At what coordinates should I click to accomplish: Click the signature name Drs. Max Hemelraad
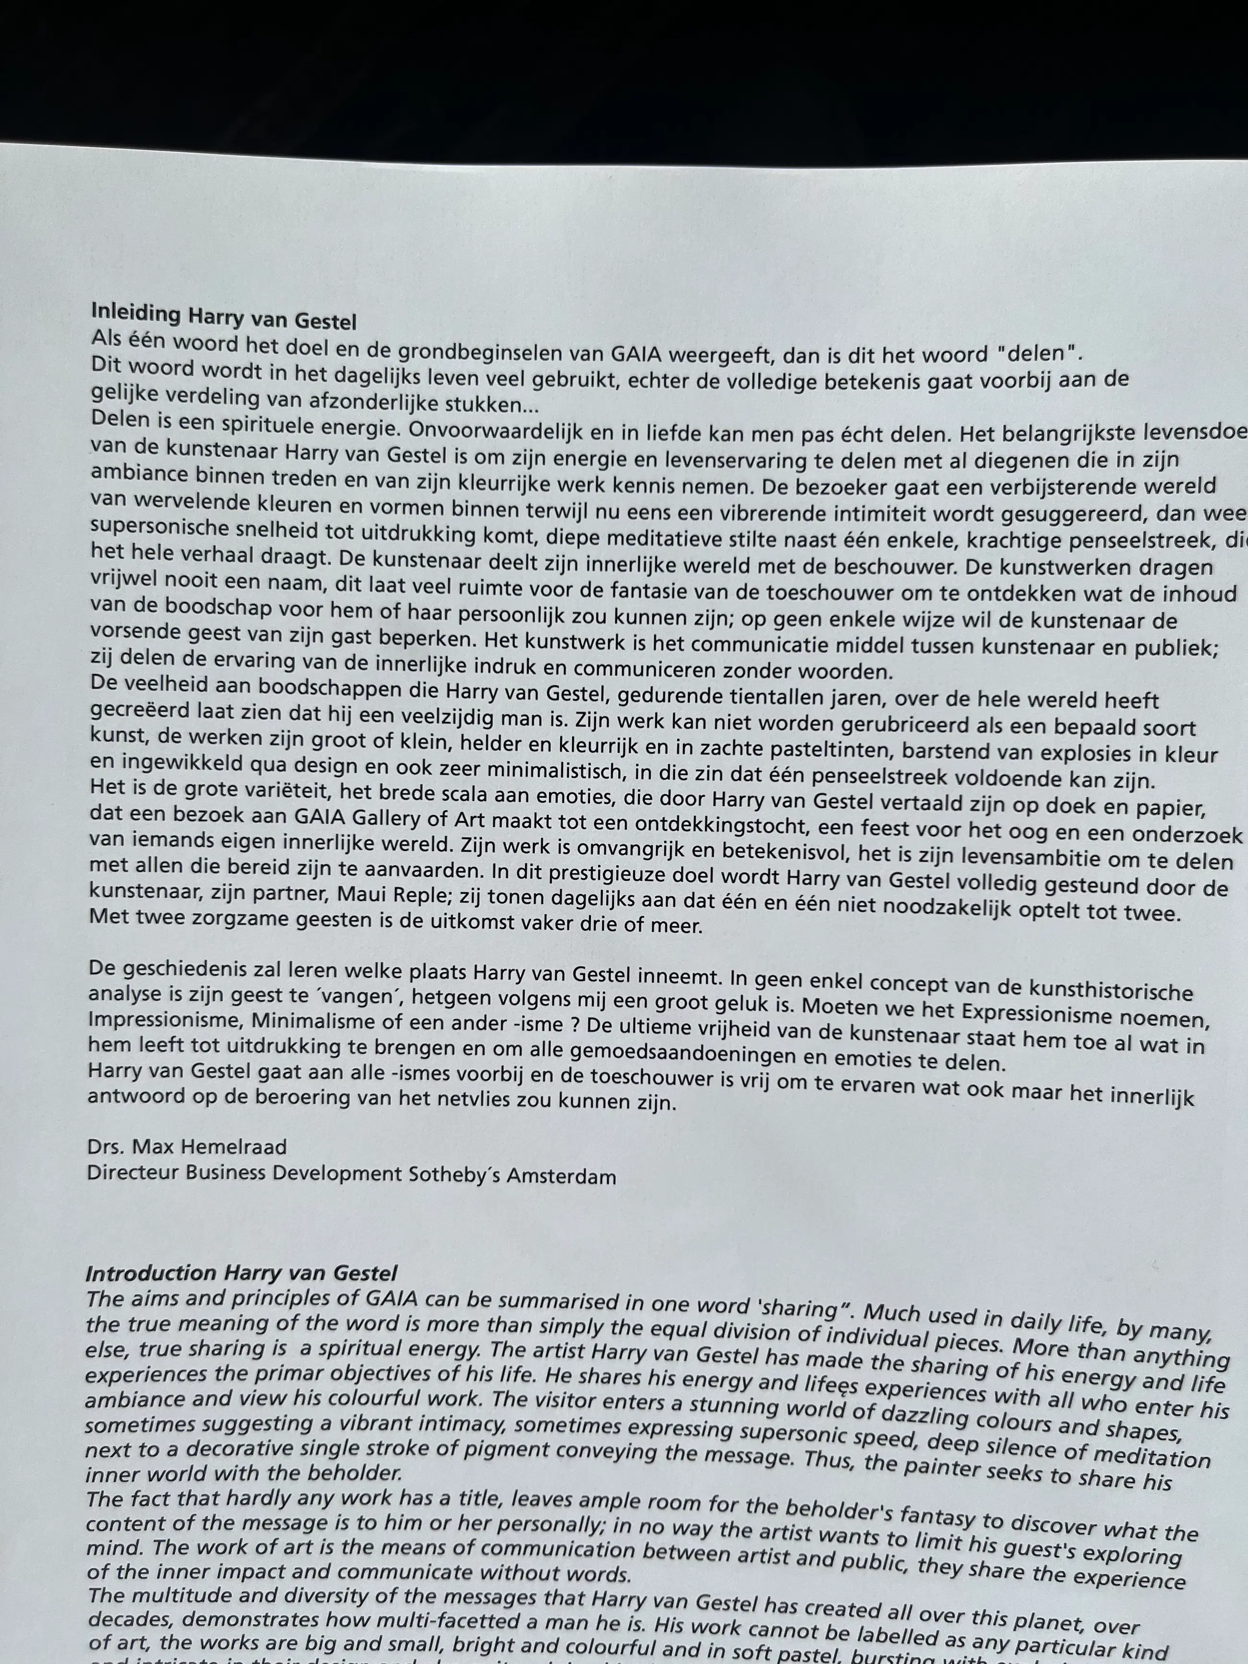(x=187, y=1147)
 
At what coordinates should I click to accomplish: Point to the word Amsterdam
(x=561, y=1176)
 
